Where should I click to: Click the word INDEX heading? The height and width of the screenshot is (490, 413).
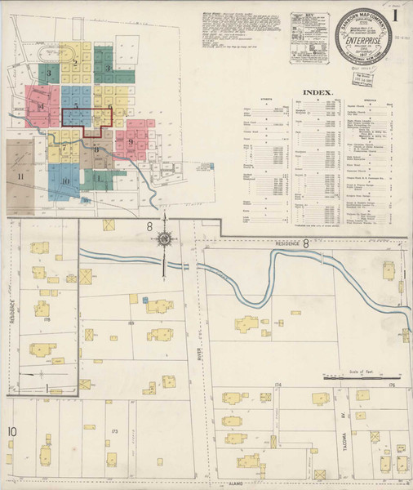(318, 94)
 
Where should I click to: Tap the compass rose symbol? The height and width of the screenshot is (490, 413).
(165, 238)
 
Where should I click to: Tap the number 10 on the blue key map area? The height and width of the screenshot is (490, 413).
(64, 179)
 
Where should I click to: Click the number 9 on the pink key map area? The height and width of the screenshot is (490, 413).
(130, 141)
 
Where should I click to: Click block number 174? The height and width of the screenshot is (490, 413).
(278, 384)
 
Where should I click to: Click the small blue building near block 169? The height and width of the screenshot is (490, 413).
(144, 301)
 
